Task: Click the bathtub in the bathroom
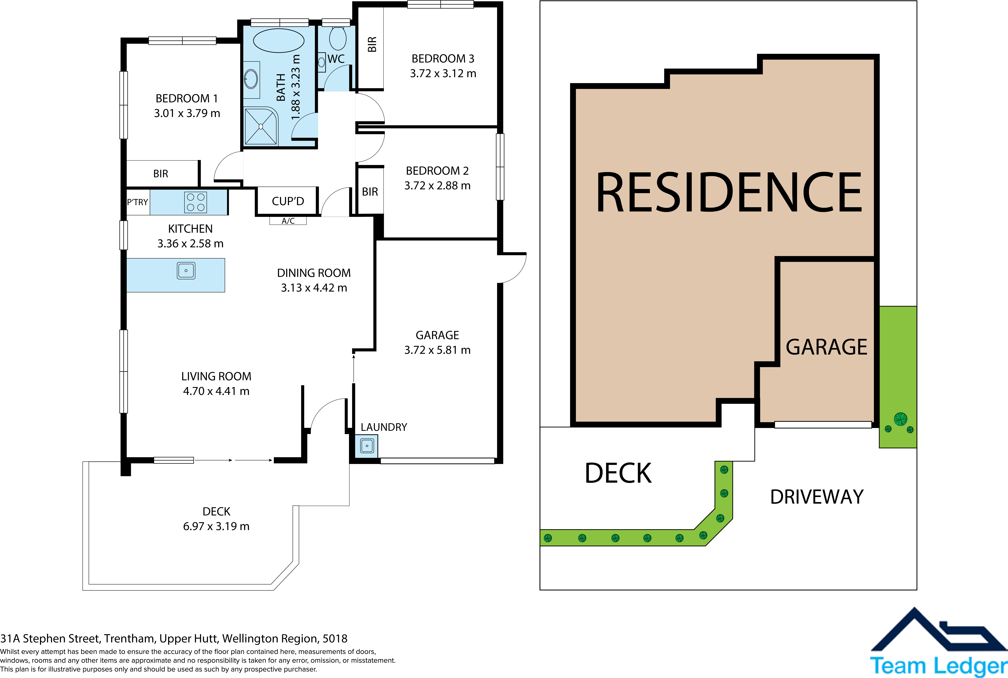click(279, 41)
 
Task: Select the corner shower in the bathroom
click(261, 126)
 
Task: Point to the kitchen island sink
click(186, 271)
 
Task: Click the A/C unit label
click(288, 221)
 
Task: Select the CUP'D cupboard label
click(288, 201)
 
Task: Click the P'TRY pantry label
click(138, 202)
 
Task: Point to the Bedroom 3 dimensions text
click(443, 74)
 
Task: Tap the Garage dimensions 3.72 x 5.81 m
click(437, 350)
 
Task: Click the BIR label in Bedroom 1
click(160, 174)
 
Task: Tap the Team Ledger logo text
click(938, 666)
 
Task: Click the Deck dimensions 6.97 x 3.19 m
click(216, 526)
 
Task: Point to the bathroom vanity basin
click(251, 79)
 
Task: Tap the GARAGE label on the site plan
click(826, 347)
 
